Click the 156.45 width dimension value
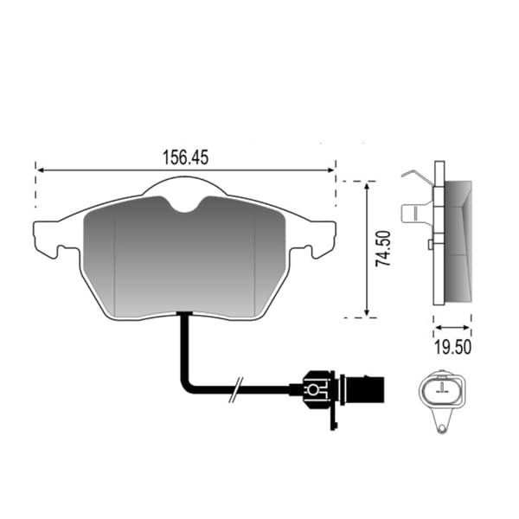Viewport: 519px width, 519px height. pyautogui.click(x=185, y=157)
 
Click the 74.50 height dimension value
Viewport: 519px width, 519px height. pyautogui.click(x=383, y=248)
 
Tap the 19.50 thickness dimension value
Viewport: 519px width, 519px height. pyautogui.click(x=452, y=347)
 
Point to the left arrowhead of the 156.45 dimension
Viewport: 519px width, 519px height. pyautogui.click(x=41, y=170)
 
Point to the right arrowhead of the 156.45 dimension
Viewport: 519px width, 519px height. pyautogui.click(x=330, y=170)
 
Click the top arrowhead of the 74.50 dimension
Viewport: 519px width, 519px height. pyautogui.click(x=367, y=186)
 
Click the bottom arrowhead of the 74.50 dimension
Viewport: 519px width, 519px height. pyautogui.click(x=367, y=312)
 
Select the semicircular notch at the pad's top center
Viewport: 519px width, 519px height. pyautogui.click(x=185, y=204)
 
